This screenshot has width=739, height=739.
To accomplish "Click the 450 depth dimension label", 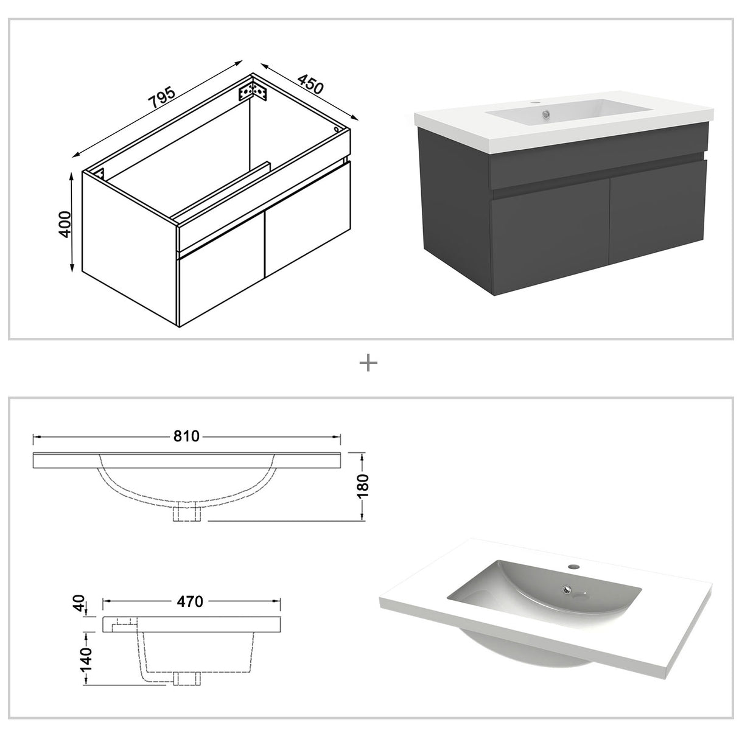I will [310, 84].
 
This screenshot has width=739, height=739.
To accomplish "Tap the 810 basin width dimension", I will [187, 436].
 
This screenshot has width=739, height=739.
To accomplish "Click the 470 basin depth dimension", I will [190, 601].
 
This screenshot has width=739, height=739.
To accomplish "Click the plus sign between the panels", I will [369, 363].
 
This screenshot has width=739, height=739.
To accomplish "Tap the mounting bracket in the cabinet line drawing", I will [253, 92].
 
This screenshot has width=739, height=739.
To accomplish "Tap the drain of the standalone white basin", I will [567, 589].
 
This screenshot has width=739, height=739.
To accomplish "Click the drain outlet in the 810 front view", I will [187, 513].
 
